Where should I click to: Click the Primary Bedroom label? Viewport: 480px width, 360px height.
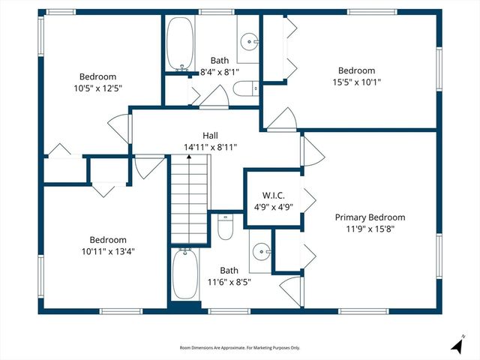370,217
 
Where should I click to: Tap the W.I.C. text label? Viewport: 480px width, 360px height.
273,195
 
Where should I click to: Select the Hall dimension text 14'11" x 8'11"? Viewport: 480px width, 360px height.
210,147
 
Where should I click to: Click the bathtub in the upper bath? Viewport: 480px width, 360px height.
180,43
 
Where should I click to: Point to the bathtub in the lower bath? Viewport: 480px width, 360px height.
185,274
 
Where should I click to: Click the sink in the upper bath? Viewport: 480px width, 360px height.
250,41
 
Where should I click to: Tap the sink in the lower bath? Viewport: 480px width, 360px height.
262,251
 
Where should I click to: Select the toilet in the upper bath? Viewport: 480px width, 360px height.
246,88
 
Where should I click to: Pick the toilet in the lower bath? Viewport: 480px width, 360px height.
226,226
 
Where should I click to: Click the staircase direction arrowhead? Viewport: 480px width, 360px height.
189,157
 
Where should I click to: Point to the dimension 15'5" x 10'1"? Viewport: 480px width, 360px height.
357,82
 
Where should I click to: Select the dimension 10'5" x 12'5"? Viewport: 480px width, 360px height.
98,88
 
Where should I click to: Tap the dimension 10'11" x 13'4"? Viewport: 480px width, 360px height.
108,251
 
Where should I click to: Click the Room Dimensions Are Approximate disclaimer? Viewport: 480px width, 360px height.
240,348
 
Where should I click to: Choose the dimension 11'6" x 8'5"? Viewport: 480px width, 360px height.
229,282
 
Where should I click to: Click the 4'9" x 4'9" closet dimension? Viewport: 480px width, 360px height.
273,207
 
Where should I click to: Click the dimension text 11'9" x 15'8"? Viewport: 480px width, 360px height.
370,229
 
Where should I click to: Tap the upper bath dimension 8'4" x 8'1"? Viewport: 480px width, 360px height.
220,72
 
